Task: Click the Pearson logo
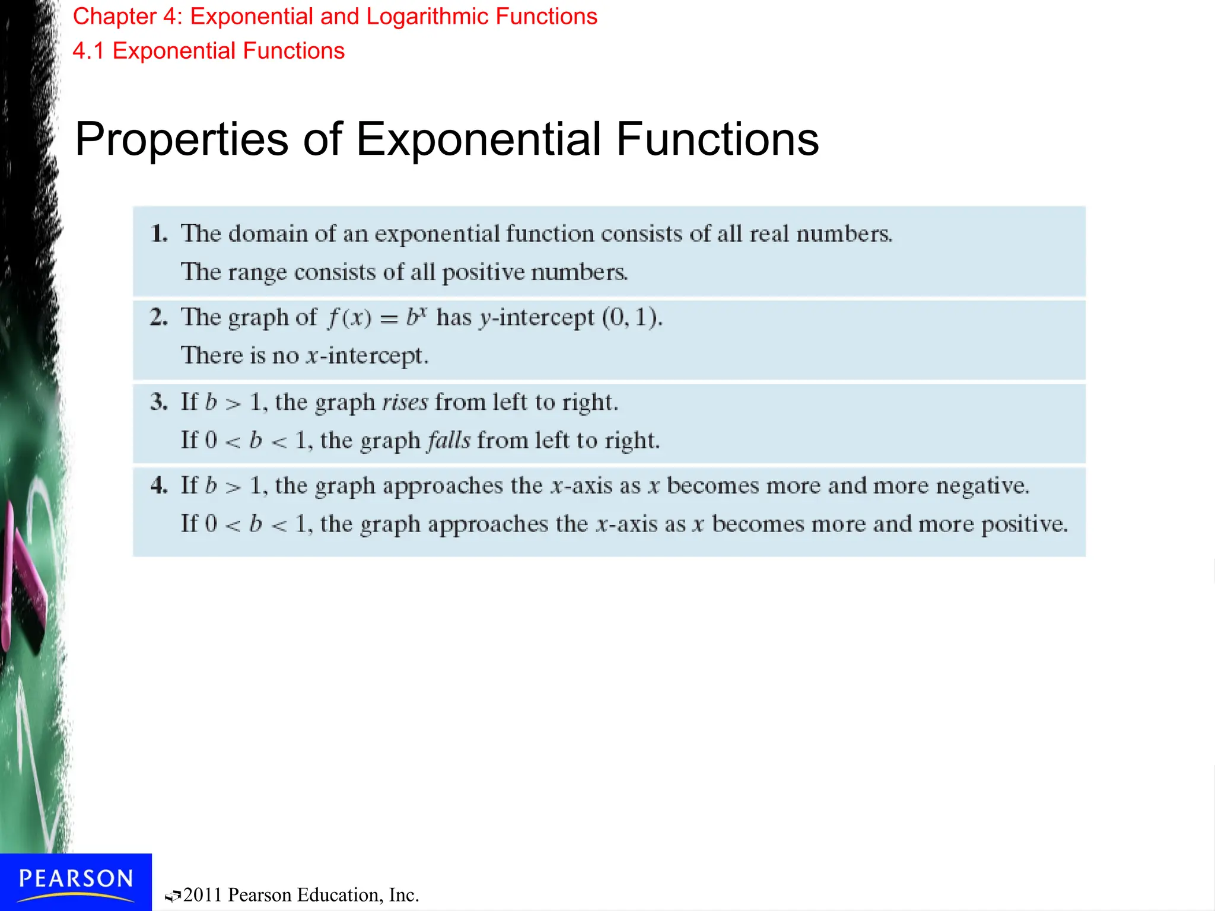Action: (76, 881)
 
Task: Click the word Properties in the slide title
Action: (182, 140)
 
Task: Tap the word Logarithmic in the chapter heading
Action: (427, 17)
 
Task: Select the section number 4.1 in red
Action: (88, 51)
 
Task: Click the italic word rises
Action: (405, 402)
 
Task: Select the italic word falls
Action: (449, 441)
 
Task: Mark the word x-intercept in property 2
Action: (366, 356)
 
